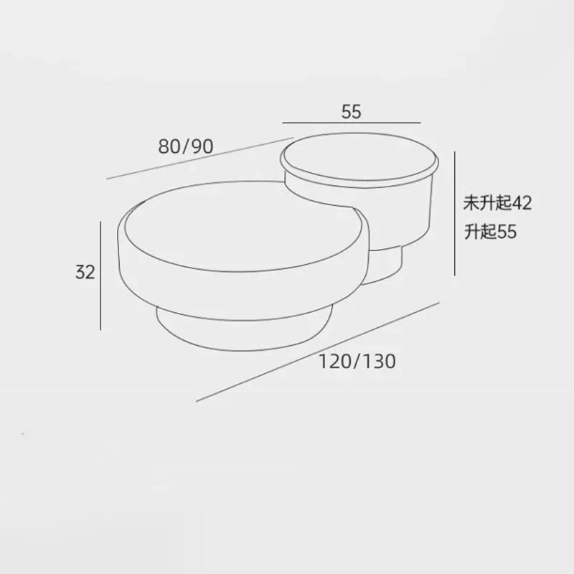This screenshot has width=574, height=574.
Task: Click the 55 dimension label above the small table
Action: [x=351, y=112]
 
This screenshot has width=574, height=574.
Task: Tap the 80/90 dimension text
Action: [x=186, y=146]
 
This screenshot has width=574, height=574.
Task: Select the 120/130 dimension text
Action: [x=357, y=362]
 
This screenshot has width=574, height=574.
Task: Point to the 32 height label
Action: [x=85, y=272]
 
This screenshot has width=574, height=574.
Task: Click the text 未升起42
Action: [x=497, y=203]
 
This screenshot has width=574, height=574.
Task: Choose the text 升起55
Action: [x=490, y=232]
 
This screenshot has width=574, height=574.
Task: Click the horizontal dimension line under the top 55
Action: [x=352, y=123]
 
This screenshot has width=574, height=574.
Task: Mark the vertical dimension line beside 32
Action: [x=100, y=276]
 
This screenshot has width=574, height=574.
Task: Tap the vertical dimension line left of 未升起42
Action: [x=455, y=213]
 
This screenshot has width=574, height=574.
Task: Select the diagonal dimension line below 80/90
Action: [x=200, y=158]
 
